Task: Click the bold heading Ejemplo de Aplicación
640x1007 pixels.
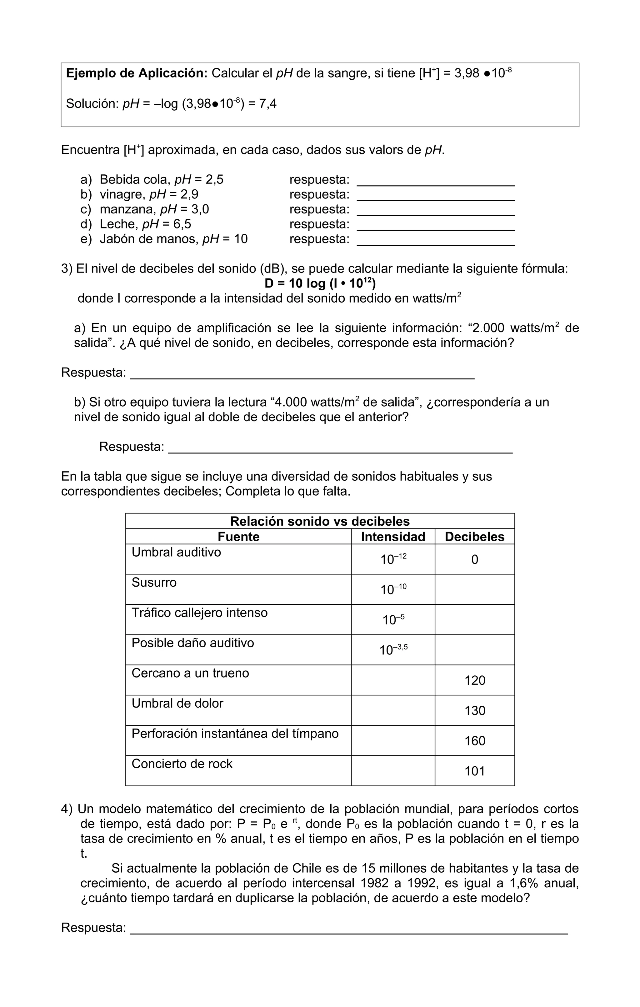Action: [137, 73]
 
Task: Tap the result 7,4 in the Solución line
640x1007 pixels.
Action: [267, 104]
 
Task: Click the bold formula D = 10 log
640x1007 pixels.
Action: [320, 283]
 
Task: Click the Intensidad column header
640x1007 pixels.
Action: [392, 537]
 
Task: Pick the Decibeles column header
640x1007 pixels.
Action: [474, 537]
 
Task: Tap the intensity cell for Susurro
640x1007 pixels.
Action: [393, 589]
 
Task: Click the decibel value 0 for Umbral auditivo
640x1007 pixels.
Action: [474, 559]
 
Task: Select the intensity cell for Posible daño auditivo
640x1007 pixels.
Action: [393, 650]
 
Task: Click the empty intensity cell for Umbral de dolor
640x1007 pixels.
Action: [393, 710]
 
